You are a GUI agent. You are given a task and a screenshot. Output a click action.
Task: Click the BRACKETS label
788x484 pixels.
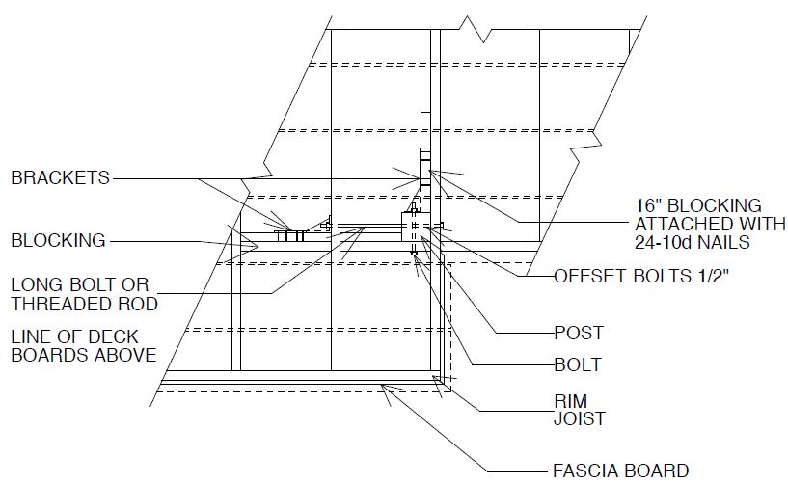pos(61,177)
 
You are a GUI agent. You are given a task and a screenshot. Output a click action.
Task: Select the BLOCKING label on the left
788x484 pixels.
pos(58,240)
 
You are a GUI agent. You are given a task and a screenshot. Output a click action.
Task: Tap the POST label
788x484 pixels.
pos(579,334)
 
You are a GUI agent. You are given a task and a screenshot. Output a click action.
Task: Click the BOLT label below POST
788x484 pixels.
pos(578,364)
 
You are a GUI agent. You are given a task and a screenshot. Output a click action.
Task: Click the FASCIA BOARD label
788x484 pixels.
pos(621,471)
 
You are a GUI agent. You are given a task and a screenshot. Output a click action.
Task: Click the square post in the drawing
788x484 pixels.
pos(417,231)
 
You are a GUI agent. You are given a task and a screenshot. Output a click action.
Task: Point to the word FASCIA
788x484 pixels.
pos(587,471)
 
